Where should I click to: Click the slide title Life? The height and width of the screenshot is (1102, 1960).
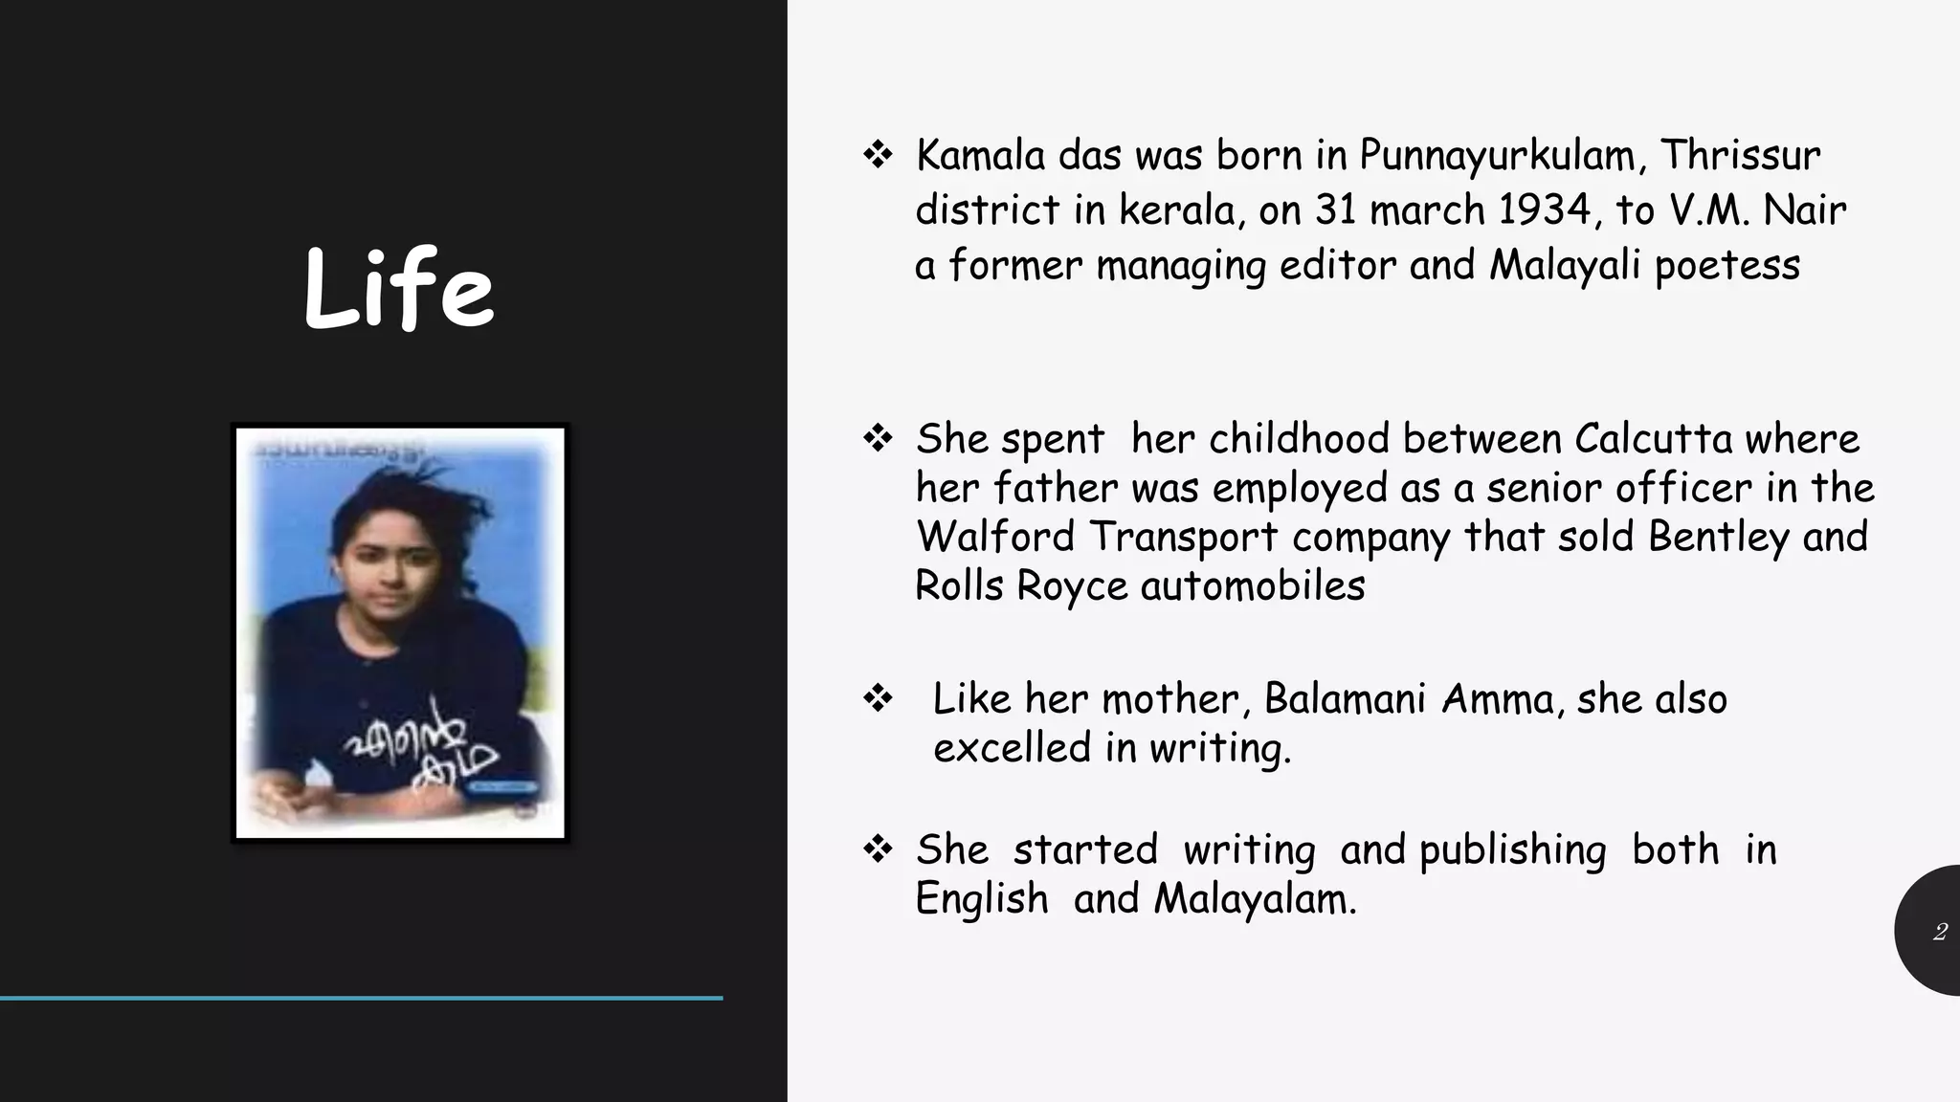click(398, 288)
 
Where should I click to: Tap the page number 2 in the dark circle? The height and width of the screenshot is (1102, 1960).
click(1939, 932)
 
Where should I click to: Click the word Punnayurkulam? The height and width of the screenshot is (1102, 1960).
click(1497, 156)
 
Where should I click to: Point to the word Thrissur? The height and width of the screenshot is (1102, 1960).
click(1739, 156)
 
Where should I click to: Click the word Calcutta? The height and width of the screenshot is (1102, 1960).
click(1653, 439)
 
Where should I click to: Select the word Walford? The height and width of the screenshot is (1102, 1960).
click(995, 537)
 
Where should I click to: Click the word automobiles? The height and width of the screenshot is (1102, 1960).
click(1253, 586)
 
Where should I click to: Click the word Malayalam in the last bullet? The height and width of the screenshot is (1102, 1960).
click(1255, 899)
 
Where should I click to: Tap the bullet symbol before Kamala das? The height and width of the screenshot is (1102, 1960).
click(877, 155)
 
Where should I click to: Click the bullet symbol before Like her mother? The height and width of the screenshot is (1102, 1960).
click(877, 699)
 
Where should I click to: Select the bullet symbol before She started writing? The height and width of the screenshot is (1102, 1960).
click(877, 849)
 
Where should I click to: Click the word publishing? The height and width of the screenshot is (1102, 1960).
click(1512, 850)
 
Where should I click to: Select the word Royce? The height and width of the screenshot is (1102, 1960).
click(1072, 586)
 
